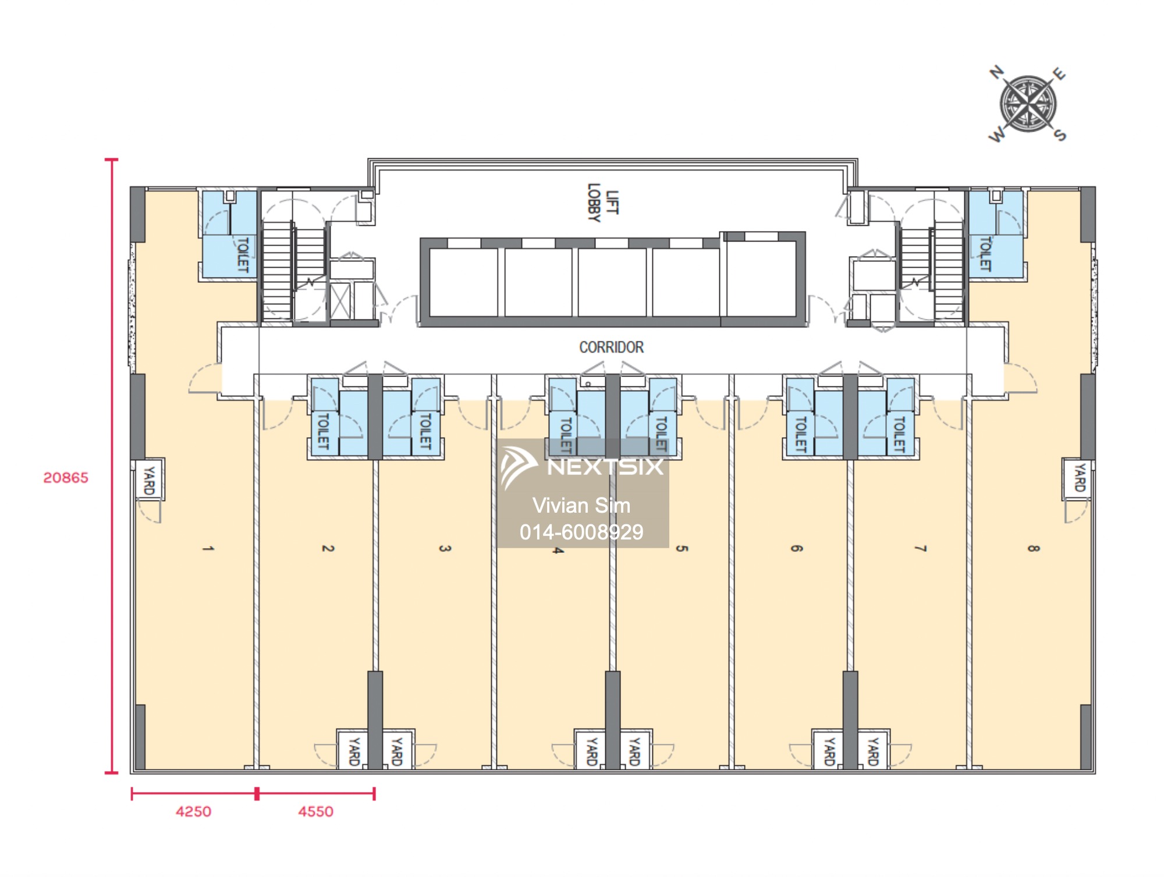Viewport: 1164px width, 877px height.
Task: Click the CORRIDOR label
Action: tap(611, 347)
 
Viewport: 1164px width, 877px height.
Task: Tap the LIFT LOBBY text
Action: tap(602, 202)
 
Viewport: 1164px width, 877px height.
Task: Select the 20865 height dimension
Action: tap(66, 478)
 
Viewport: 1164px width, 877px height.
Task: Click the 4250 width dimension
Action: tap(193, 812)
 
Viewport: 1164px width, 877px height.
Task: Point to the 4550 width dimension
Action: tap(315, 812)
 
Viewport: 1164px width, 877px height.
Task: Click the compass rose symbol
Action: tap(1028, 104)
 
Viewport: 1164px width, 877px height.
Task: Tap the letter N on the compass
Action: tap(998, 72)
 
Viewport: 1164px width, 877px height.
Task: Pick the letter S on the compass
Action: tap(1060, 135)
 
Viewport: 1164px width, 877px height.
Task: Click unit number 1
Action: tap(208, 548)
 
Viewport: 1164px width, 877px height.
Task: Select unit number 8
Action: tap(1033, 548)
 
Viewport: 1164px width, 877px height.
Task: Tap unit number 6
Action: tap(796, 548)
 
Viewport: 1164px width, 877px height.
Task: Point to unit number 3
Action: tap(445, 548)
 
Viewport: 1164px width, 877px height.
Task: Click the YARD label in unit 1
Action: tap(149, 480)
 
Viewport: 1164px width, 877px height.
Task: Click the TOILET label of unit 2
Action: tap(323, 431)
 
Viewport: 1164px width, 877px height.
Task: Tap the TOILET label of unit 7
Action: tap(899, 434)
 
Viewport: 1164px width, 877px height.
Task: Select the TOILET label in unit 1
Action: tap(243, 254)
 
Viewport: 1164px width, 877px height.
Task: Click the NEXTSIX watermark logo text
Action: tap(605, 467)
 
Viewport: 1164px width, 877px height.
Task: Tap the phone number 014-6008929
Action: tap(581, 532)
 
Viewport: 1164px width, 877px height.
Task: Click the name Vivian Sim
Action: tap(581, 505)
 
